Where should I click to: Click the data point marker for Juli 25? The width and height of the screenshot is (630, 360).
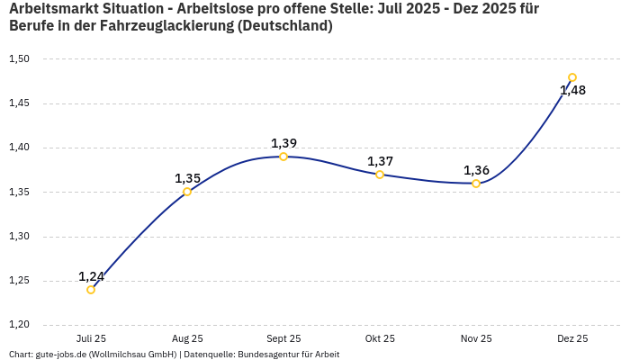pyautogui.click(x=91, y=290)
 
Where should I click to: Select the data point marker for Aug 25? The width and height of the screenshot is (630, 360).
pyautogui.click(x=187, y=192)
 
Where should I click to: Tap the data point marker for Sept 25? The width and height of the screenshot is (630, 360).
pyautogui.click(x=283, y=157)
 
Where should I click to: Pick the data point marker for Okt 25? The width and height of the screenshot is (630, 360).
pyautogui.click(x=380, y=175)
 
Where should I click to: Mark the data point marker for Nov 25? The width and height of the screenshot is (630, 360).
pyautogui.click(x=476, y=184)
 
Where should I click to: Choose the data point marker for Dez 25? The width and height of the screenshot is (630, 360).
pyautogui.click(x=572, y=77)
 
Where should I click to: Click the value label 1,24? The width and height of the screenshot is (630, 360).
pyautogui.click(x=91, y=276)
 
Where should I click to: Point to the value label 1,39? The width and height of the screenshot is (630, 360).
pyautogui.click(x=283, y=143)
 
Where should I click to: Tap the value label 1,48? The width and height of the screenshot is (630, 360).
pyautogui.click(x=572, y=90)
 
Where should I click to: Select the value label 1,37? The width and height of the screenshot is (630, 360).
pyautogui.click(x=380, y=161)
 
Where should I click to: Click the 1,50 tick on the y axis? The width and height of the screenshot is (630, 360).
pyautogui.click(x=19, y=59)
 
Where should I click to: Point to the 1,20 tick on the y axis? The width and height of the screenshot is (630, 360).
pyautogui.click(x=19, y=325)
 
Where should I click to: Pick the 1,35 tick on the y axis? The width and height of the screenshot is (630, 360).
pyautogui.click(x=19, y=192)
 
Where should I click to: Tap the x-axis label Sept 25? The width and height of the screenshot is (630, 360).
pyautogui.click(x=283, y=338)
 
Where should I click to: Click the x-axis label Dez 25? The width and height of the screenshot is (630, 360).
pyautogui.click(x=572, y=338)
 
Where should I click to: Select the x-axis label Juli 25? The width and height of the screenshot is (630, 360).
pyautogui.click(x=91, y=338)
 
